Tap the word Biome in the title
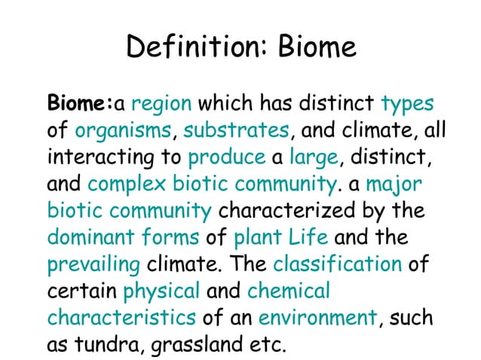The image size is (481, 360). pyautogui.click(x=317, y=48)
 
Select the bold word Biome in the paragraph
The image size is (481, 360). pyautogui.click(x=78, y=102)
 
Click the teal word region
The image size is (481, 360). pyautogui.click(x=162, y=102)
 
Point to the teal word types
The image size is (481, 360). pyautogui.click(x=408, y=102)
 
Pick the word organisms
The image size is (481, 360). pyautogui.click(x=124, y=130)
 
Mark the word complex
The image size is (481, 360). pyautogui.click(x=127, y=185)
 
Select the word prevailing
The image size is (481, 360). pyautogui.click(x=93, y=265)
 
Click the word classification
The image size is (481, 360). pyautogui.click(x=337, y=265)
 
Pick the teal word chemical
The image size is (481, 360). pyautogui.click(x=289, y=291)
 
